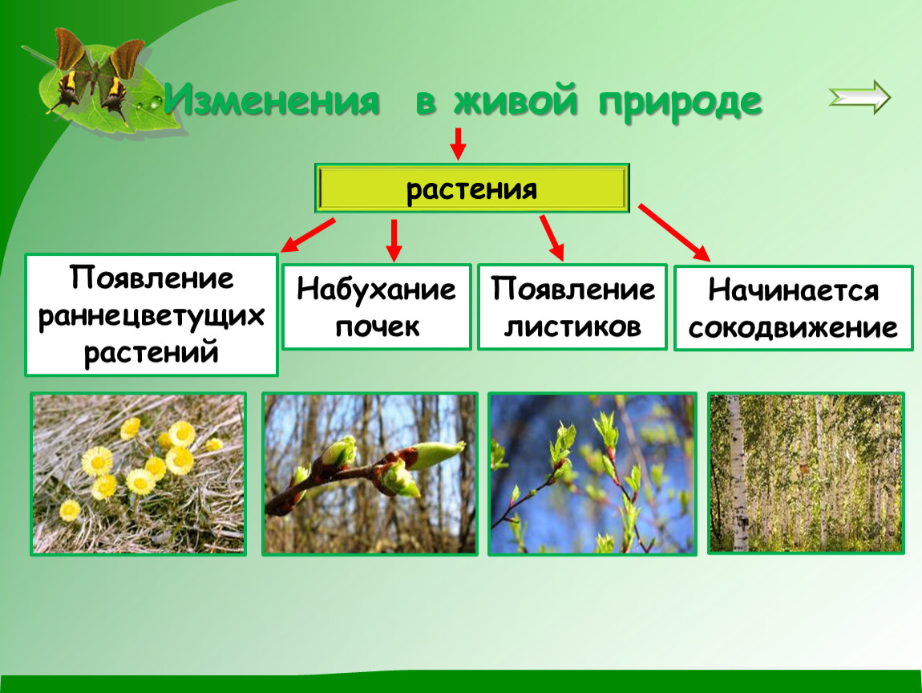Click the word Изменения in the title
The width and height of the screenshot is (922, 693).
[272, 100]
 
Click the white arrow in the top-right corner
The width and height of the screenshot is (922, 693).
[859, 97]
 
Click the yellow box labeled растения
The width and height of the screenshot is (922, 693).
[472, 188]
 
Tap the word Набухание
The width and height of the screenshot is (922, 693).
[376, 290]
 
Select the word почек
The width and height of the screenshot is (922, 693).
[378, 327]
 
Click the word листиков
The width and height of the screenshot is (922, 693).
[572, 327]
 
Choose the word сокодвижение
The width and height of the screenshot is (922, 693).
[793, 328]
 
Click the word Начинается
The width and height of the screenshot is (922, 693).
[793, 290]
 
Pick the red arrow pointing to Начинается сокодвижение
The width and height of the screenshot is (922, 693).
[674, 233]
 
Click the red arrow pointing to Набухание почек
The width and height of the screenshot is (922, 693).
[394, 241]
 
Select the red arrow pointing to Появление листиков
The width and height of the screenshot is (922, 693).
[552, 237]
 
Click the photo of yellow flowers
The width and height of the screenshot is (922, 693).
[138, 474]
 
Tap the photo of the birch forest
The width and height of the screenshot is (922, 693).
[806, 474]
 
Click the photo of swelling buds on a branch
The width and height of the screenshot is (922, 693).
[370, 474]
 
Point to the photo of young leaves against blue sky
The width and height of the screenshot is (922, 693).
[592, 474]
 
